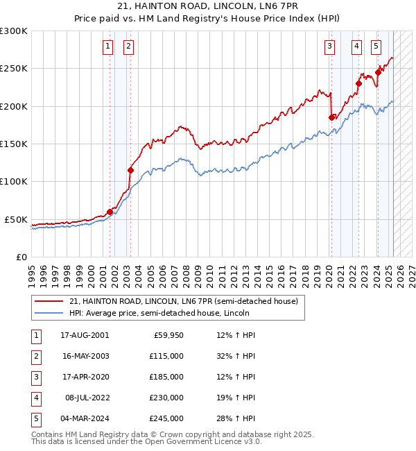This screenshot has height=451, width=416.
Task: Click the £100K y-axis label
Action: coord(14,181)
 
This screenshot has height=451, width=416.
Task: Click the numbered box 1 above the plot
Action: coord(109,46)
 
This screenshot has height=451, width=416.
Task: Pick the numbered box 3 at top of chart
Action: coord(329,46)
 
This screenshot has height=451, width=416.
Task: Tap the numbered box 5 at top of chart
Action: coord(376,46)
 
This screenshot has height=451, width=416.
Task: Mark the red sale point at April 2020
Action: coord(331,118)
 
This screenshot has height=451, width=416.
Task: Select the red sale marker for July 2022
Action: coord(358,84)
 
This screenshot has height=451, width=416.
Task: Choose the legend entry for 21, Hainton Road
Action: coord(183,301)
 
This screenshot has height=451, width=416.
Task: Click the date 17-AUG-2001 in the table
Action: coord(85,335)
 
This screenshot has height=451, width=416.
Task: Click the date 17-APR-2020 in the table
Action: coord(85,377)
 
